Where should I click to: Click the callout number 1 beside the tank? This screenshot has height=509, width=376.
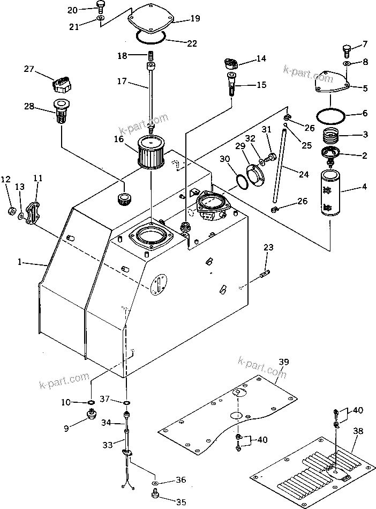(19, 262)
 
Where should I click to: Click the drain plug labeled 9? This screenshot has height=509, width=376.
(91, 416)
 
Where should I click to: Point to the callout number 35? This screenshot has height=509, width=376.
(181, 502)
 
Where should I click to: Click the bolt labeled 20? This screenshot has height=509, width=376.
(100, 5)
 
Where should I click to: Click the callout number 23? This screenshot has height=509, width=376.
(268, 247)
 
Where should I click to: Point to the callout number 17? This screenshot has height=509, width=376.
(121, 82)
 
